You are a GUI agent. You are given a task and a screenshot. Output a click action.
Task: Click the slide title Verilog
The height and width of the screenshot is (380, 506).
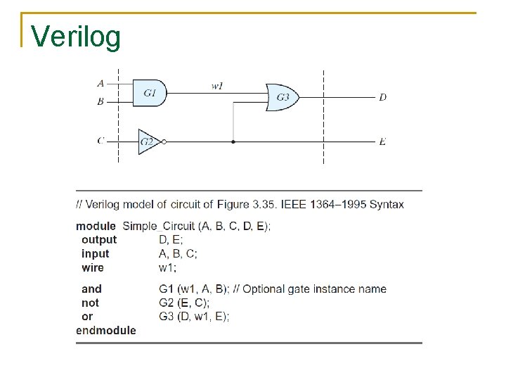[x=76, y=37]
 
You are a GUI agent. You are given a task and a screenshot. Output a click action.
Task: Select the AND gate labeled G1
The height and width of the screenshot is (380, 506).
[x=150, y=92]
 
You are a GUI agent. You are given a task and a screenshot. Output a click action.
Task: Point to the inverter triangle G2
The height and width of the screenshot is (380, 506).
[x=148, y=141]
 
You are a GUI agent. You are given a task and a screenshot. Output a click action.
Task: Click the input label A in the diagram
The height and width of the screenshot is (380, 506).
[x=100, y=83]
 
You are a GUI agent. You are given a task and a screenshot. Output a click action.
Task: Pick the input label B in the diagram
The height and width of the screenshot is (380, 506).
[x=100, y=101]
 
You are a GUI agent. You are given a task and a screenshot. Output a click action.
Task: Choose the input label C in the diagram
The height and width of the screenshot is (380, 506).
[x=100, y=140]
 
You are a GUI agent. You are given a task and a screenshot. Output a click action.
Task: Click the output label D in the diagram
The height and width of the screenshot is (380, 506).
[x=382, y=97]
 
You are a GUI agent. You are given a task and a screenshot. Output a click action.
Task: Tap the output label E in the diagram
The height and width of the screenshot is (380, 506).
[x=382, y=141]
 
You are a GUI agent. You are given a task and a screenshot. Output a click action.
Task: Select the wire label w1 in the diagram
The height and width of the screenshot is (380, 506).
[x=218, y=86]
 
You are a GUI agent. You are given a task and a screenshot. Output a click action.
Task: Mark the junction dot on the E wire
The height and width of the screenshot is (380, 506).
[x=233, y=141]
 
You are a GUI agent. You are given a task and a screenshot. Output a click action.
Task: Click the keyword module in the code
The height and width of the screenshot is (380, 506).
[x=96, y=226]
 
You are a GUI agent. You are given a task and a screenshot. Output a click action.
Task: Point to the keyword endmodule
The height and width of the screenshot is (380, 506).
[x=106, y=330]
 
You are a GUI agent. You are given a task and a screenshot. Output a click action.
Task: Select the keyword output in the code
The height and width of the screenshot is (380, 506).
[x=99, y=240]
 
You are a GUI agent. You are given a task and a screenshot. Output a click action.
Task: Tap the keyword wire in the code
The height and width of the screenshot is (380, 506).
[x=92, y=267]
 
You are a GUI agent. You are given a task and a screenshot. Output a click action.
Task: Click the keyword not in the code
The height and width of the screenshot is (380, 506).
[x=90, y=303]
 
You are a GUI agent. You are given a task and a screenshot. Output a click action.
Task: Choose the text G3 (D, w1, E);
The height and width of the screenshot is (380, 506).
[x=194, y=317]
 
